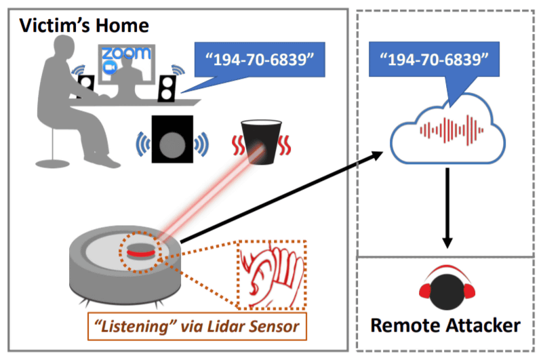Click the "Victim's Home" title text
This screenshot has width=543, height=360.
(85, 26)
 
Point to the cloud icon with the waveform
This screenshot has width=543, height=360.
(447, 129)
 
